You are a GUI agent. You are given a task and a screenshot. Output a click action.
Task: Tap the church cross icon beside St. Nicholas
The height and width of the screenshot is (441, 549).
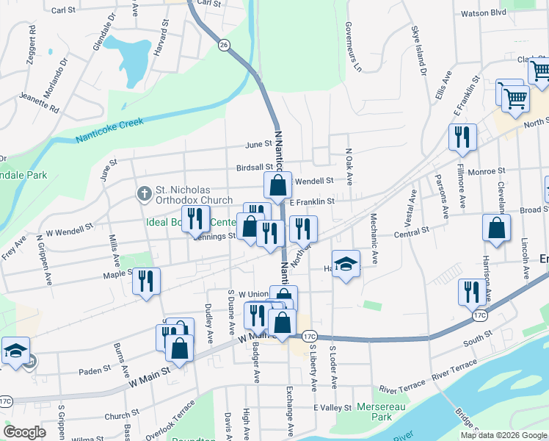point(145,194)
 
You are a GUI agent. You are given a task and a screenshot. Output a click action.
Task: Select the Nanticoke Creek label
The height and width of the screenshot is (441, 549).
point(110,132)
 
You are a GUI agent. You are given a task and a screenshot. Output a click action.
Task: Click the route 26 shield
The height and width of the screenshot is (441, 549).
point(224,46)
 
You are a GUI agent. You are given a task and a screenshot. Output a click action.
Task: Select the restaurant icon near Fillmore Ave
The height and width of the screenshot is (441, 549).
point(462,137)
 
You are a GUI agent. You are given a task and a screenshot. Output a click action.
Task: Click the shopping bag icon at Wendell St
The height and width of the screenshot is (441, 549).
point(277,187)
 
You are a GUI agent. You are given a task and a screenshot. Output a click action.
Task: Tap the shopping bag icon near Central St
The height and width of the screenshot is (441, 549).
point(496,227)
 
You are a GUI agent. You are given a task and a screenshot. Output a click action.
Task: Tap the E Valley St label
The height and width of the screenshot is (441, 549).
point(332,408)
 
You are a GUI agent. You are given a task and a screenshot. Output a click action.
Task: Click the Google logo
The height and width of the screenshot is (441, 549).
point(25,432)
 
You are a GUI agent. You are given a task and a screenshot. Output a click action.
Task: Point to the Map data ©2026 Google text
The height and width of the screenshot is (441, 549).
point(503,435)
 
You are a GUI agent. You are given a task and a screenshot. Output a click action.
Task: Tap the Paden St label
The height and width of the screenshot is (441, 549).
point(95,370)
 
